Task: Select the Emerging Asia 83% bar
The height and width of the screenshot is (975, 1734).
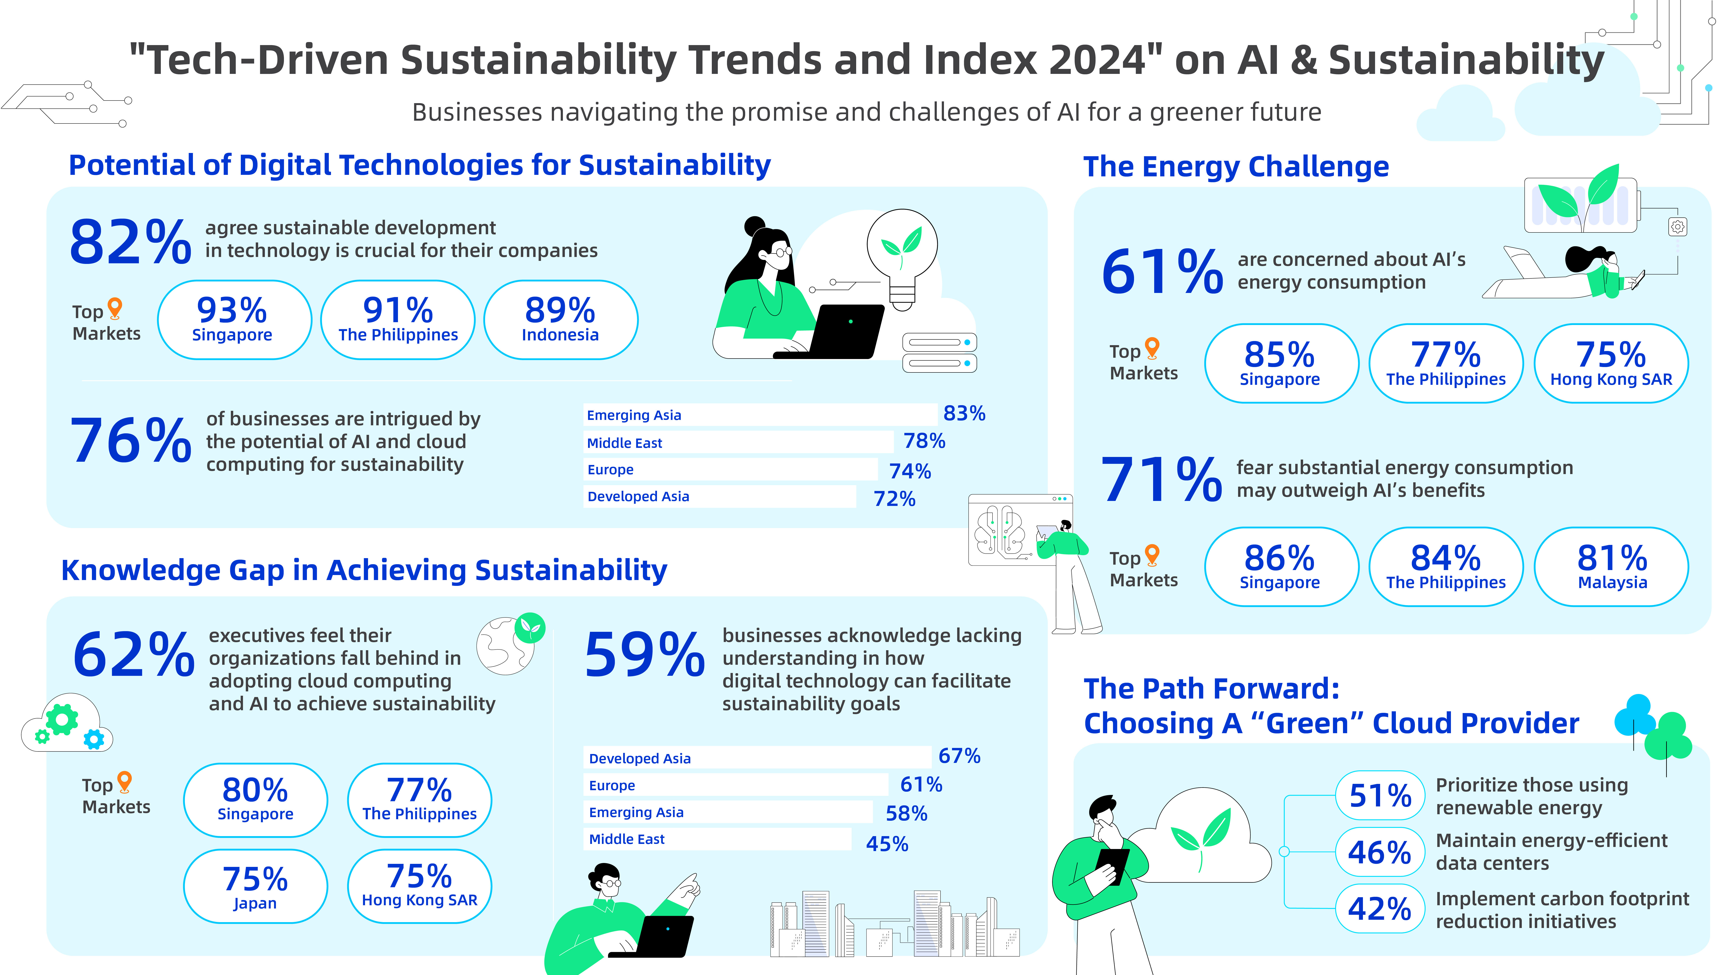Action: coord(759,414)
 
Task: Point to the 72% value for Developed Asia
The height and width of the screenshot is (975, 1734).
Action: coord(894,499)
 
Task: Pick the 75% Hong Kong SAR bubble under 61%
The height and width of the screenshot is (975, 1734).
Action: coord(1611,363)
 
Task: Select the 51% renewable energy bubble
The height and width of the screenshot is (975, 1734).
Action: coord(1380,795)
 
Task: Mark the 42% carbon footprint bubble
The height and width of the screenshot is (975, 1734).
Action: coord(1380,908)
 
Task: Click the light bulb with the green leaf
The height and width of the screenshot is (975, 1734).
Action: coord(902,256)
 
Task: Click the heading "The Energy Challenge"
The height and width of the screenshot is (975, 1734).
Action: coord(1236,166)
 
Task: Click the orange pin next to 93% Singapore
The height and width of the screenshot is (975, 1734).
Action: coord(115,308)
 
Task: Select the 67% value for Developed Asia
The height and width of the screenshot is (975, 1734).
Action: coord(959,756)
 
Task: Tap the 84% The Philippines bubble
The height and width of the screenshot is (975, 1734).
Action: coord(1446,567)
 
